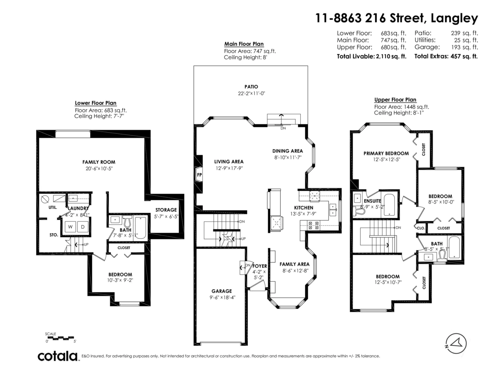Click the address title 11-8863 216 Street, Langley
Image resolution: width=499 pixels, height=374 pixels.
(x=396, y=18)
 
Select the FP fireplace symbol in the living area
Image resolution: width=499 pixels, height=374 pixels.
(x=199, y=175)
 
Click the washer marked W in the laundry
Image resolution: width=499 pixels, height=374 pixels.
(x=70, y=227)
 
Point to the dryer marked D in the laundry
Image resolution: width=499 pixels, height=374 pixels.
(x=82, y=227)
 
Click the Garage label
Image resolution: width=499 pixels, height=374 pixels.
(x=221, y=291)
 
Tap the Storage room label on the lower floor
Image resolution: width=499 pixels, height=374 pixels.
(x=166, y=210)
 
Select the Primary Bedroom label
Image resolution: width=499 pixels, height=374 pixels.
(x=386, y=153)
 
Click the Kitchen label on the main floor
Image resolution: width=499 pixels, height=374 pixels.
(x=304, y=208)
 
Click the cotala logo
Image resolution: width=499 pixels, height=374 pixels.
(x=58, y=356)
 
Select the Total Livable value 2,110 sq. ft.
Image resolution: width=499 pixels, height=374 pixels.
(x=390, y=56)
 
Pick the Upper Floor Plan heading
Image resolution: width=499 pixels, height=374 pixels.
(x=395, y=100)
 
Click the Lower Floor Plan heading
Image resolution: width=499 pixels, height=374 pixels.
(x=96, y=103)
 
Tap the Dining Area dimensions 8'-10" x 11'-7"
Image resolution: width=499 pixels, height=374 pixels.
(x=287, y=158)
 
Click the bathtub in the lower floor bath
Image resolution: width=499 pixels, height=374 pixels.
(x=140, y=227)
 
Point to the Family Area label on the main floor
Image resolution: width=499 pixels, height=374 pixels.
(x=294, y=264)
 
